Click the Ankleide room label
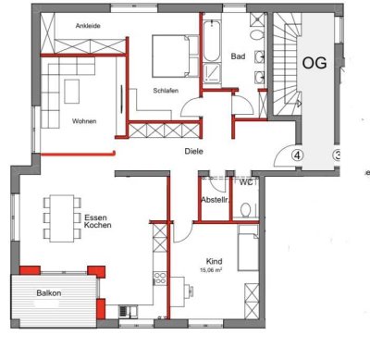coord(76,27)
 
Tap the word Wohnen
coord(85,121)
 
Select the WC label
coord(246,182)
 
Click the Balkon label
coord(50,292)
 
